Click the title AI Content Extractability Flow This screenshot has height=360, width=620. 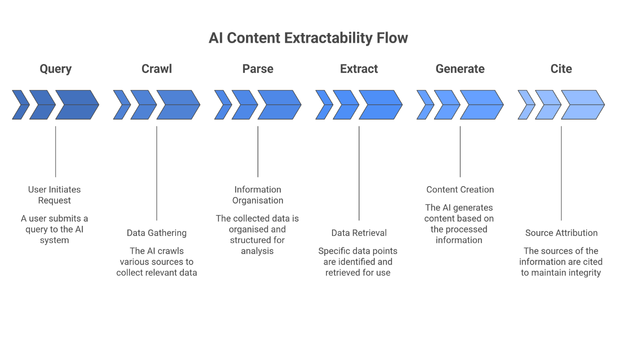point(308,38)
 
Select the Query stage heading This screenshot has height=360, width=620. point(56,69)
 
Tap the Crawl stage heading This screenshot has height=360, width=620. point(157,69)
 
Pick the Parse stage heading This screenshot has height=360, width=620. point(258,69)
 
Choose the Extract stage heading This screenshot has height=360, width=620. point(359,69)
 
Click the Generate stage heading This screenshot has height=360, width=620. point(460,69)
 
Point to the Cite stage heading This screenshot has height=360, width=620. point(561,69)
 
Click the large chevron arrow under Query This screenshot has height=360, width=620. point(76,105)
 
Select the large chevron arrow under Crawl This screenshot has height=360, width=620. point(177,105)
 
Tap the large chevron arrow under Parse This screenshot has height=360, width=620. point(278,105)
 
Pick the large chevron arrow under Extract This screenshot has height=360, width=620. point(379,105)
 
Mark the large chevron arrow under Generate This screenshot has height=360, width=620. point(480,105)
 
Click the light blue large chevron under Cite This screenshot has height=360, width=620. point(582,105)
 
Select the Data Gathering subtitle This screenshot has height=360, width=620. point(156,233)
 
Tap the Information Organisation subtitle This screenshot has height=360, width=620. point(258,195)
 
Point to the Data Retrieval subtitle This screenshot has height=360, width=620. point(359,233)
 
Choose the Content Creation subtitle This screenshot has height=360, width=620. point(460,189)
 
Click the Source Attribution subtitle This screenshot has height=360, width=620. point(561,233)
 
